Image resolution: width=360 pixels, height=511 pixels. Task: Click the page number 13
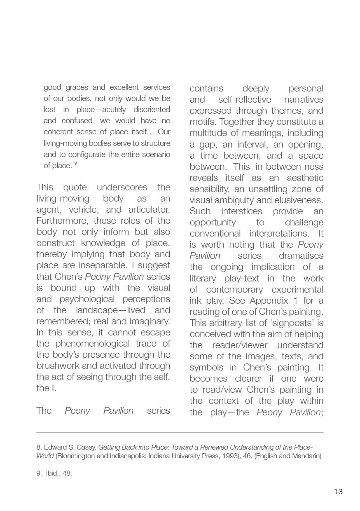(338, 491)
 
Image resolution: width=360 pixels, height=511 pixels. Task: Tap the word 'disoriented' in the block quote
(152, 110)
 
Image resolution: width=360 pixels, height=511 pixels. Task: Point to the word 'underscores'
(122, 187)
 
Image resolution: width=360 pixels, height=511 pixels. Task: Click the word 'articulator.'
(146, 209)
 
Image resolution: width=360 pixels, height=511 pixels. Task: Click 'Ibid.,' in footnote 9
(53, 473)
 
